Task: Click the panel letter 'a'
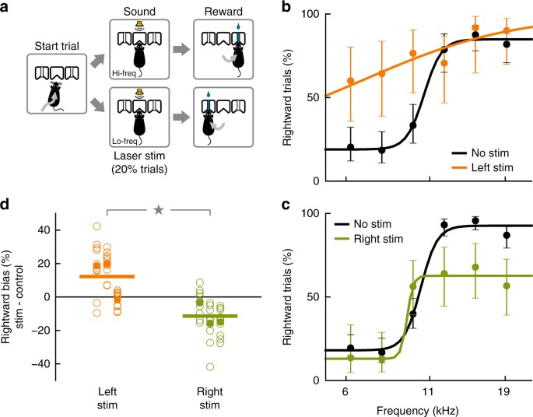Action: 7,10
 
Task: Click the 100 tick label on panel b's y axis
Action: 305,15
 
